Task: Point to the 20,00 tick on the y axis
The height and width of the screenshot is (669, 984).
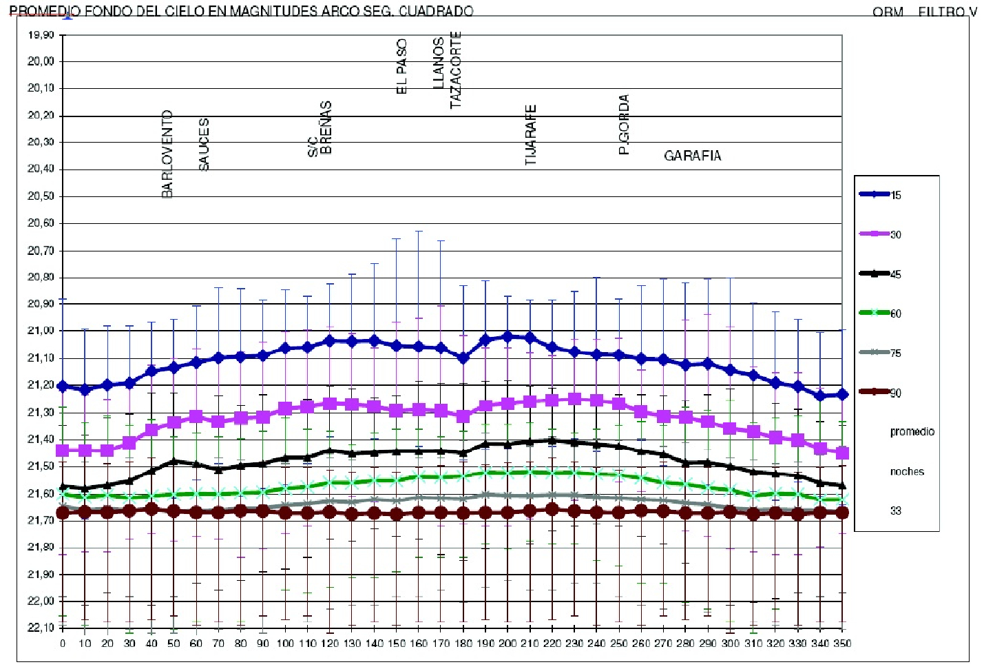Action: pyautogui.click(x=41, y=61)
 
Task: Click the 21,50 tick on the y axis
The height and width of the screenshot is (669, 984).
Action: pyautogui.click(x=41, y=466)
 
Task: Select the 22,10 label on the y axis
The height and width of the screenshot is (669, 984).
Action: pyautogui.click(x=41, y=628)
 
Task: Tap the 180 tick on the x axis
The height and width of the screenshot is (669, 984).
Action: pyautogui.click(x=463, y=644)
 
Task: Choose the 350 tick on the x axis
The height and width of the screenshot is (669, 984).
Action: pyautogui.click(x=841, y=644)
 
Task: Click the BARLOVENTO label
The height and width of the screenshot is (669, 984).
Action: pyautogui.click(x=167, y=154)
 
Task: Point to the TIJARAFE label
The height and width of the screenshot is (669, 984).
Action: pyautogui.click(x=531, y=134)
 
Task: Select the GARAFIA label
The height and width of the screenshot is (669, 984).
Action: pyautogui.click(x=692, y=156)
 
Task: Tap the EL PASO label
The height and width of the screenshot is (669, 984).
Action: pyautogui.click(x=402, y=66)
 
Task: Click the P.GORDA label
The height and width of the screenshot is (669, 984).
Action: pyautogui.click(x=624, y=125)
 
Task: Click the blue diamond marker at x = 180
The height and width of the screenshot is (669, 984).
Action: pyautogui.click(x=463, y=358)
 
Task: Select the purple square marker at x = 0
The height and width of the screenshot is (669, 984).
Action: pyautogui.click(x=63, y=451)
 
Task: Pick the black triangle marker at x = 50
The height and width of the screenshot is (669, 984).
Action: pyautogui.click(x=174, y=461)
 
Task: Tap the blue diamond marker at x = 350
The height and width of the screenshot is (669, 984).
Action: pyautogui.click(x=841, y=394)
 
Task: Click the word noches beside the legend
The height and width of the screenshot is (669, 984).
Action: pyautogui.click(x=906, y=471)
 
